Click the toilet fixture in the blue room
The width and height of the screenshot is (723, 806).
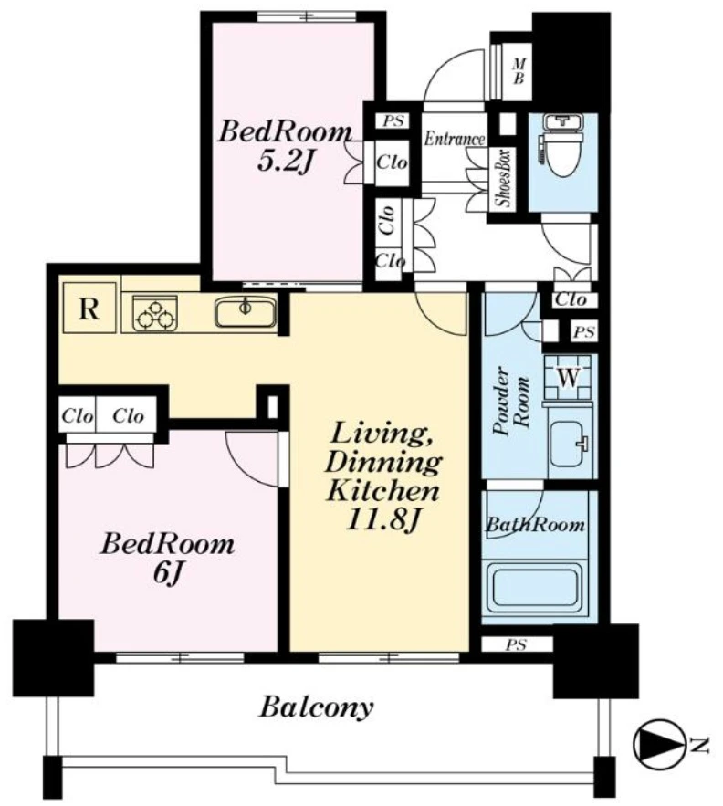pyautogui.click(x=562, y=146)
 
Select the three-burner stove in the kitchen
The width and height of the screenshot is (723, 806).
pyautogui.click(x=155, y=313)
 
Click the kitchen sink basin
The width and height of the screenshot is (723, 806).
pyautogui.click(x=246, y=312)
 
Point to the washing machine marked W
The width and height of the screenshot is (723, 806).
pyautogui.click(x=568, y=379)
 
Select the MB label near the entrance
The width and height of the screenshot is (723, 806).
pyautogui.click(x=519, y=71)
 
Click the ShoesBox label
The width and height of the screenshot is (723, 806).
pyautogui.click(x=504, y=178)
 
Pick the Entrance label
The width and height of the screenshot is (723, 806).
pyautogui.click(x=454, y=139)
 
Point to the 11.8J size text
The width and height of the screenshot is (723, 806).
pyautogui.click(x=384, y=520)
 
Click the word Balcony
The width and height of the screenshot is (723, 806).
pyautogui.click(x=316, y=707)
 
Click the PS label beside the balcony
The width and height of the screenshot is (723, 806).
pyautogui.click(x=515, y=644)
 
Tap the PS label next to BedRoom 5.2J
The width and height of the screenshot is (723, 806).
pyautogui.click(x=393, y=121)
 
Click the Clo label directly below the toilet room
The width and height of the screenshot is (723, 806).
pyautogui.click(x=571, y=299)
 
